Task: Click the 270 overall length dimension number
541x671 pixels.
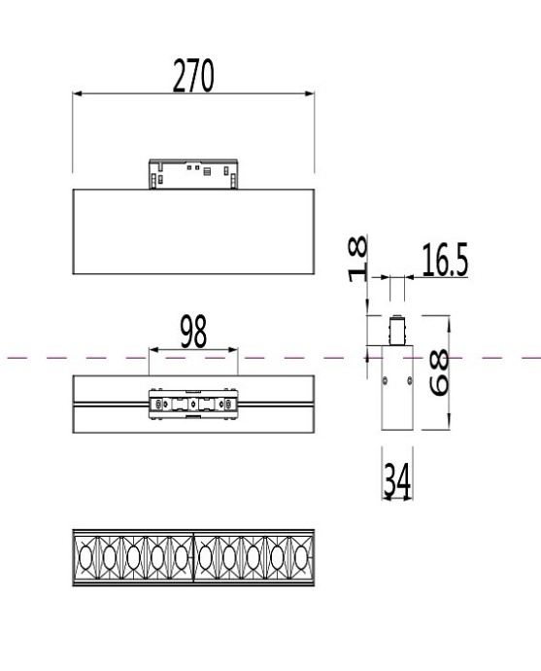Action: [194, 76]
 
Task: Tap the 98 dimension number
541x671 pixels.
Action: [192, 333]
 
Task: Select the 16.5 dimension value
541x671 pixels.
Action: [445, 261]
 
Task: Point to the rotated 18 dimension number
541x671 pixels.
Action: [356, 258]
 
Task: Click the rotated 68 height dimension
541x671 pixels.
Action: [439, 372]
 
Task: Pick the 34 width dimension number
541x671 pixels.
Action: [394, 482]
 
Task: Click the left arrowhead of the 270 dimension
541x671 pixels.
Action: [78, 94]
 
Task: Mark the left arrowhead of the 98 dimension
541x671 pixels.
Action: [152, 350]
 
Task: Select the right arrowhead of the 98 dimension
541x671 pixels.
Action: [233, 350]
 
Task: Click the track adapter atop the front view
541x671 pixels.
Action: [192, 174]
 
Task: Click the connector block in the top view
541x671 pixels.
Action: [192, 403]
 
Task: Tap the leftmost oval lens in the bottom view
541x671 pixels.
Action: [85, 558]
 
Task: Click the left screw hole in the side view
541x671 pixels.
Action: [387, 380]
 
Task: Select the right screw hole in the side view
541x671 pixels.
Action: [405, 380]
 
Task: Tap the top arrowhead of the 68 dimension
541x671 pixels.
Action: [450, 319]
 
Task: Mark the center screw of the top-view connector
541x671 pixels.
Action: [192, 403]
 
